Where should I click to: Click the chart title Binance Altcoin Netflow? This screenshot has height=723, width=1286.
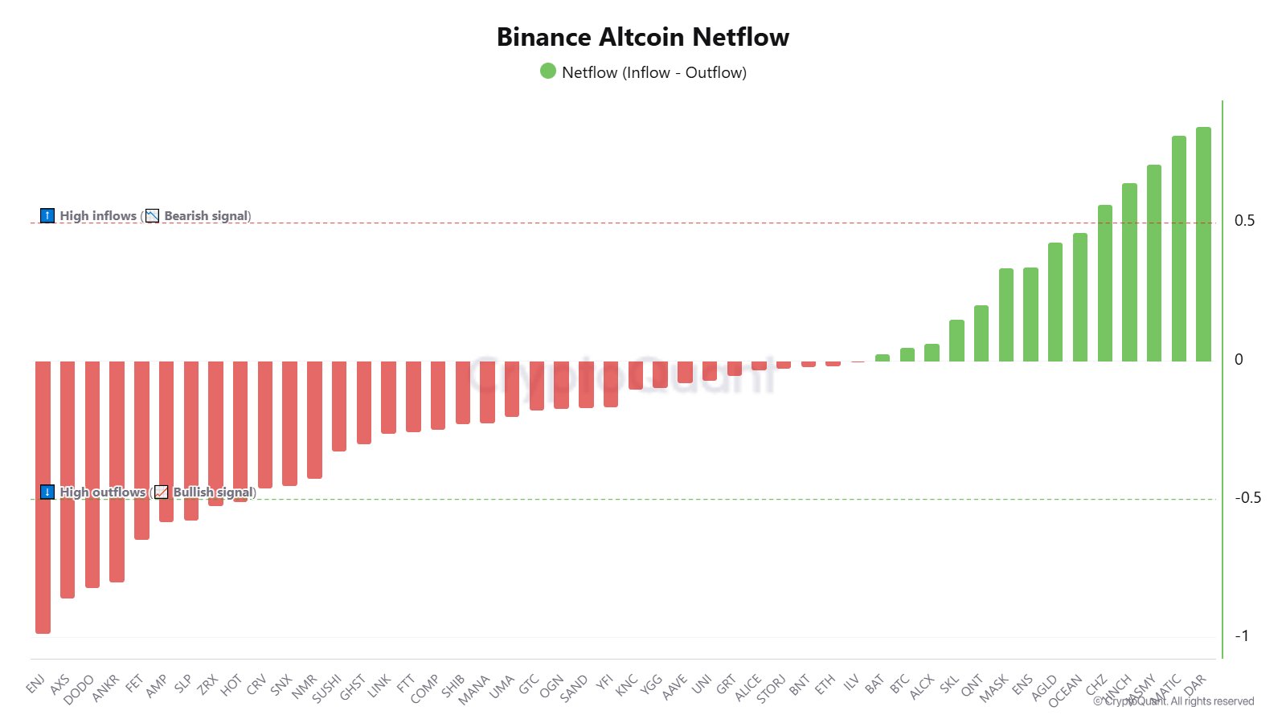(x=643, y=37)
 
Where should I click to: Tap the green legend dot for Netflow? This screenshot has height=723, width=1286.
(x=548, y=71)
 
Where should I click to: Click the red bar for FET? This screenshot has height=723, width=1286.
(x=141, y=450)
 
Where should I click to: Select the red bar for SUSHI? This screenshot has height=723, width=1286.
(x=339, y=406)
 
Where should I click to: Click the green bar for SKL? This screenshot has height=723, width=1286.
(x=956, y=341)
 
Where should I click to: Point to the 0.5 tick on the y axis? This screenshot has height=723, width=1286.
(x=1244, y=221)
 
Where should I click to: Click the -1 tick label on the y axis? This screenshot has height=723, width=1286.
(x=1242, y=636)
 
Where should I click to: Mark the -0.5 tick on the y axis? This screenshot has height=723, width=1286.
(x=1247, y=498)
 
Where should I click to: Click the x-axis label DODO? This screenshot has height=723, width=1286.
(x=79, y=689)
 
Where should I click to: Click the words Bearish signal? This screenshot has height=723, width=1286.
(x=207, y=216)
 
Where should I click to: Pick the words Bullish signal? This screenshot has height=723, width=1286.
(x=213, y=492)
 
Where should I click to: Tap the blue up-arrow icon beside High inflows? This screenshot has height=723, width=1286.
(x=47, y=215)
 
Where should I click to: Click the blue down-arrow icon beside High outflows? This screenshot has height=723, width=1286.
(x=47, y=492)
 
